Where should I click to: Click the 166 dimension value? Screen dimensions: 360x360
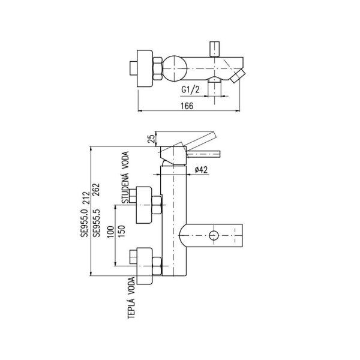coord(187,106)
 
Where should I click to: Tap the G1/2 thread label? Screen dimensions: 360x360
coord(190,89)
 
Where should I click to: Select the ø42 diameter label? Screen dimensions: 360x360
coord(201,170)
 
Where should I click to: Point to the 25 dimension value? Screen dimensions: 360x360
coord(151,139)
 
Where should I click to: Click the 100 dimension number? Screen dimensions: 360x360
coord(110,232)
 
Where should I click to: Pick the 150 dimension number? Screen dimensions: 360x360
coord(121,232)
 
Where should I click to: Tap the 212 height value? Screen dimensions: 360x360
coord(85,198)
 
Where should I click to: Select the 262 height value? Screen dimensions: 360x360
coord(96,190)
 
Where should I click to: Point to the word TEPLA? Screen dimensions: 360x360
coord(131,308)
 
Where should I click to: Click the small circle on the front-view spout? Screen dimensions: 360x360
coord(214,235)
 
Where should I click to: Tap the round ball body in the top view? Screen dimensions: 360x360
coord(175,68)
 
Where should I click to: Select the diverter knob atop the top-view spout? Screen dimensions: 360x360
coord(214,49)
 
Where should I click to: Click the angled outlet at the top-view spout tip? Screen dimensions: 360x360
coord(238,76)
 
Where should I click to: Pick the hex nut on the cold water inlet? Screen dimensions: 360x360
coord(157,205)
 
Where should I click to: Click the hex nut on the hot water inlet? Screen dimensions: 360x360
coord(157,266)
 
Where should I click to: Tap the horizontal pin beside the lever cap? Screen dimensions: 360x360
coord(203,154)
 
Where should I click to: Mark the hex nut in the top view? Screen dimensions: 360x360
coord(158,68)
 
